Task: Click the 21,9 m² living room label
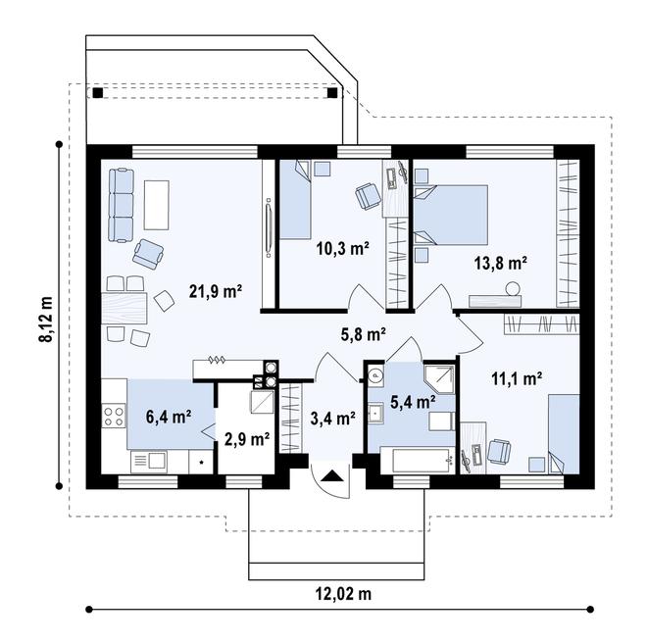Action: [216, 292]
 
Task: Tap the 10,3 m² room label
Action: [342, 248]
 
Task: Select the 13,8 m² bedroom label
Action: [501, 263]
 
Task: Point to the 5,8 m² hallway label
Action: [363, 334]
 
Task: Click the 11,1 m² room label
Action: [517, 378]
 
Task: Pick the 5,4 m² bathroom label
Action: [413, 402]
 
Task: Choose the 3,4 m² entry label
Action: [333, 419]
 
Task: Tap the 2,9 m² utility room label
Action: [247, 440]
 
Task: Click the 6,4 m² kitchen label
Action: [169, 417]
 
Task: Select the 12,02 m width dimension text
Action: [344, 594]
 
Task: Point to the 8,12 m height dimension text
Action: [46, 319]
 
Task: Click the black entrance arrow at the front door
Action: [331, 476]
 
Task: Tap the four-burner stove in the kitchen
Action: [114, 416]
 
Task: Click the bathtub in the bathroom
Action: [418, 461]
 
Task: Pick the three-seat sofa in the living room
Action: [122, 205]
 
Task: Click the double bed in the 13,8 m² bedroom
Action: [451, 215]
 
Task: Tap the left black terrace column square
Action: [98, 92]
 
